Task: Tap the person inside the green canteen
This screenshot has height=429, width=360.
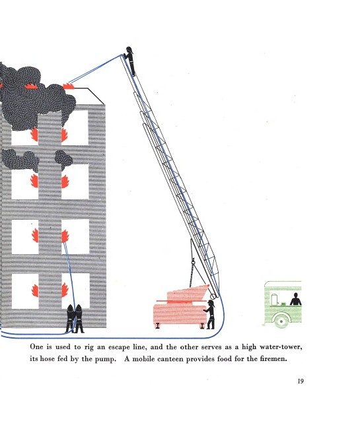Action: (296, 299)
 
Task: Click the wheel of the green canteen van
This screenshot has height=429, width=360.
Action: (281, 321)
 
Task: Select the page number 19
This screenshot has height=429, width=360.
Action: (301, 381)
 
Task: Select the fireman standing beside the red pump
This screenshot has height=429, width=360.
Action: (209, 314)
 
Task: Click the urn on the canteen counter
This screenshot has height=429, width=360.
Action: (274, 299)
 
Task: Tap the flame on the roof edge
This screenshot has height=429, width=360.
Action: (68, 86)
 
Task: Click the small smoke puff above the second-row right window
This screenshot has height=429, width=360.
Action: (63, 159)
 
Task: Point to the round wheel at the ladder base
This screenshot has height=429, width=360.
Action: (213, 296)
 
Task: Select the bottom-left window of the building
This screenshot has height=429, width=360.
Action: (25, 291)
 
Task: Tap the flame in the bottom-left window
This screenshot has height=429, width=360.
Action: (35, 290)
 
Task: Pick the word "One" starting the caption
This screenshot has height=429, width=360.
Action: (36, 346)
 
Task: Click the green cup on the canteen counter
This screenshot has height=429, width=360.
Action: (283, 304)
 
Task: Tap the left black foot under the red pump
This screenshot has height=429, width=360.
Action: (157, 325)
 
